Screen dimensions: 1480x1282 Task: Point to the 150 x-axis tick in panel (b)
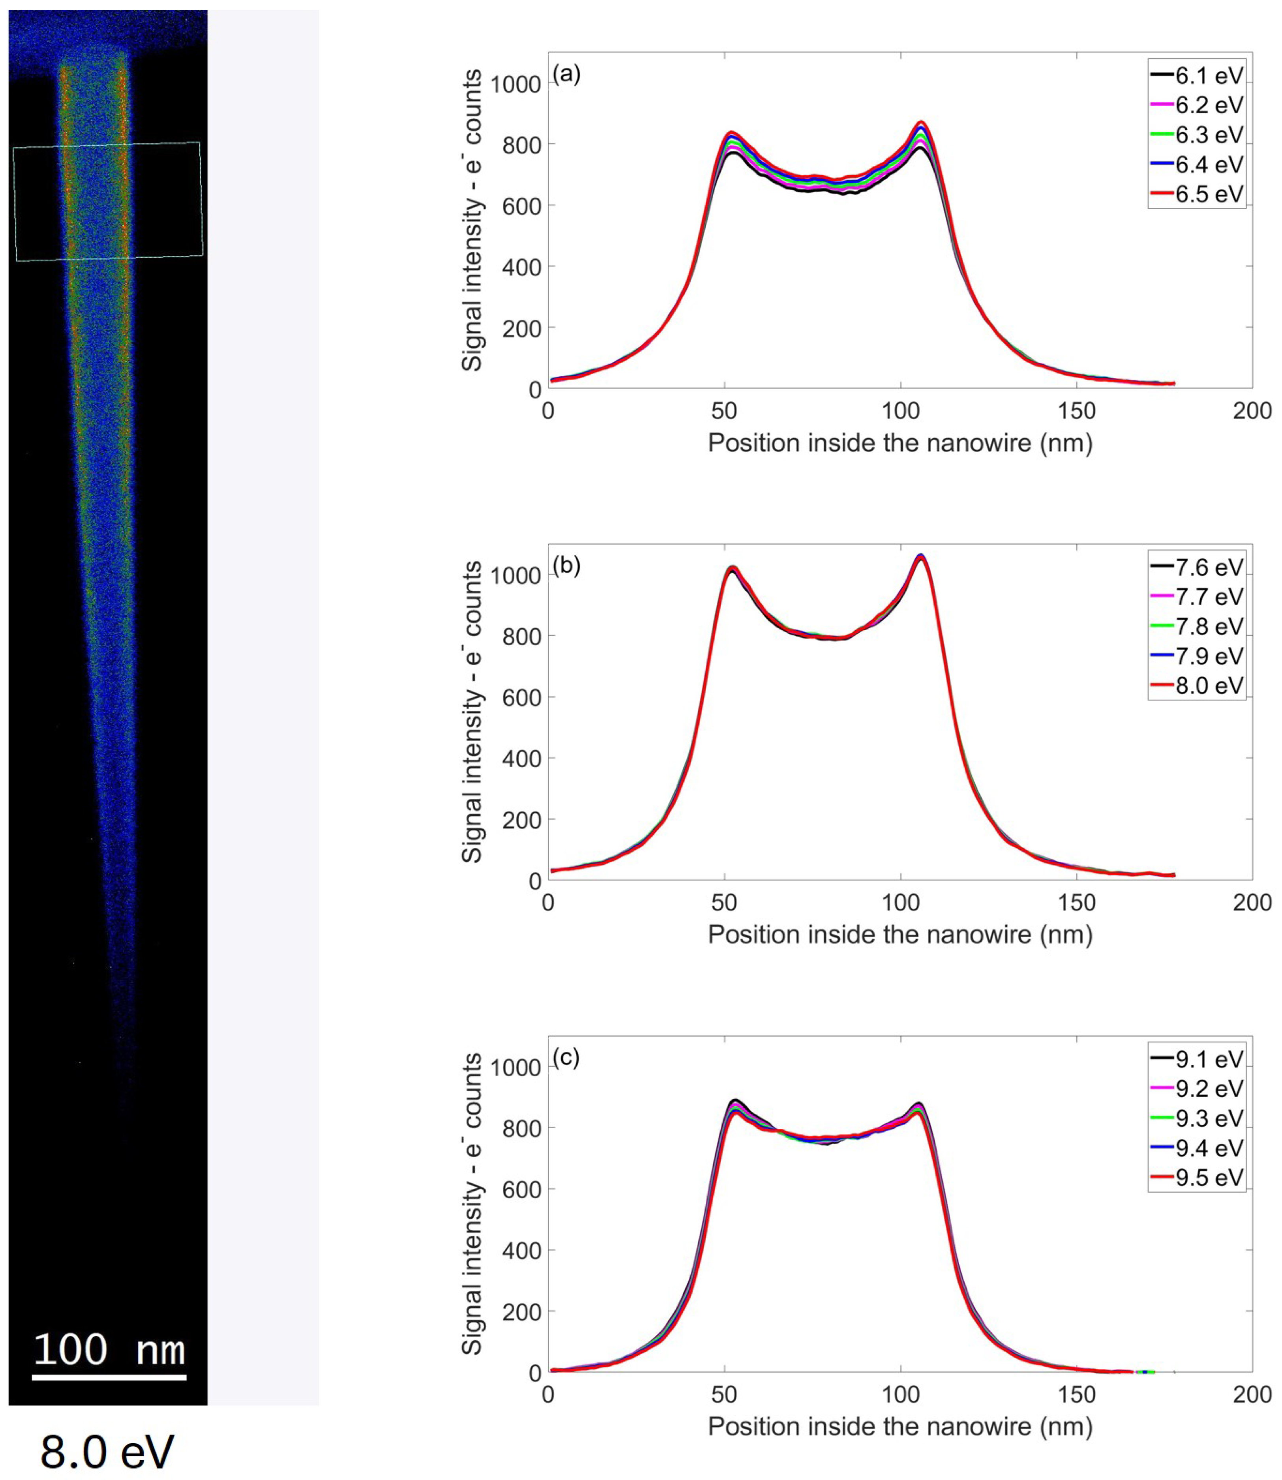(x=1077, y=903)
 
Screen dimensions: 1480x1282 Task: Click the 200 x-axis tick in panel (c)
(x=1252, y=1394)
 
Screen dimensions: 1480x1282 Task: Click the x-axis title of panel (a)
(x=900, y=444)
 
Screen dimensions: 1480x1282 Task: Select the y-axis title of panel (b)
(x=472, y=712)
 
